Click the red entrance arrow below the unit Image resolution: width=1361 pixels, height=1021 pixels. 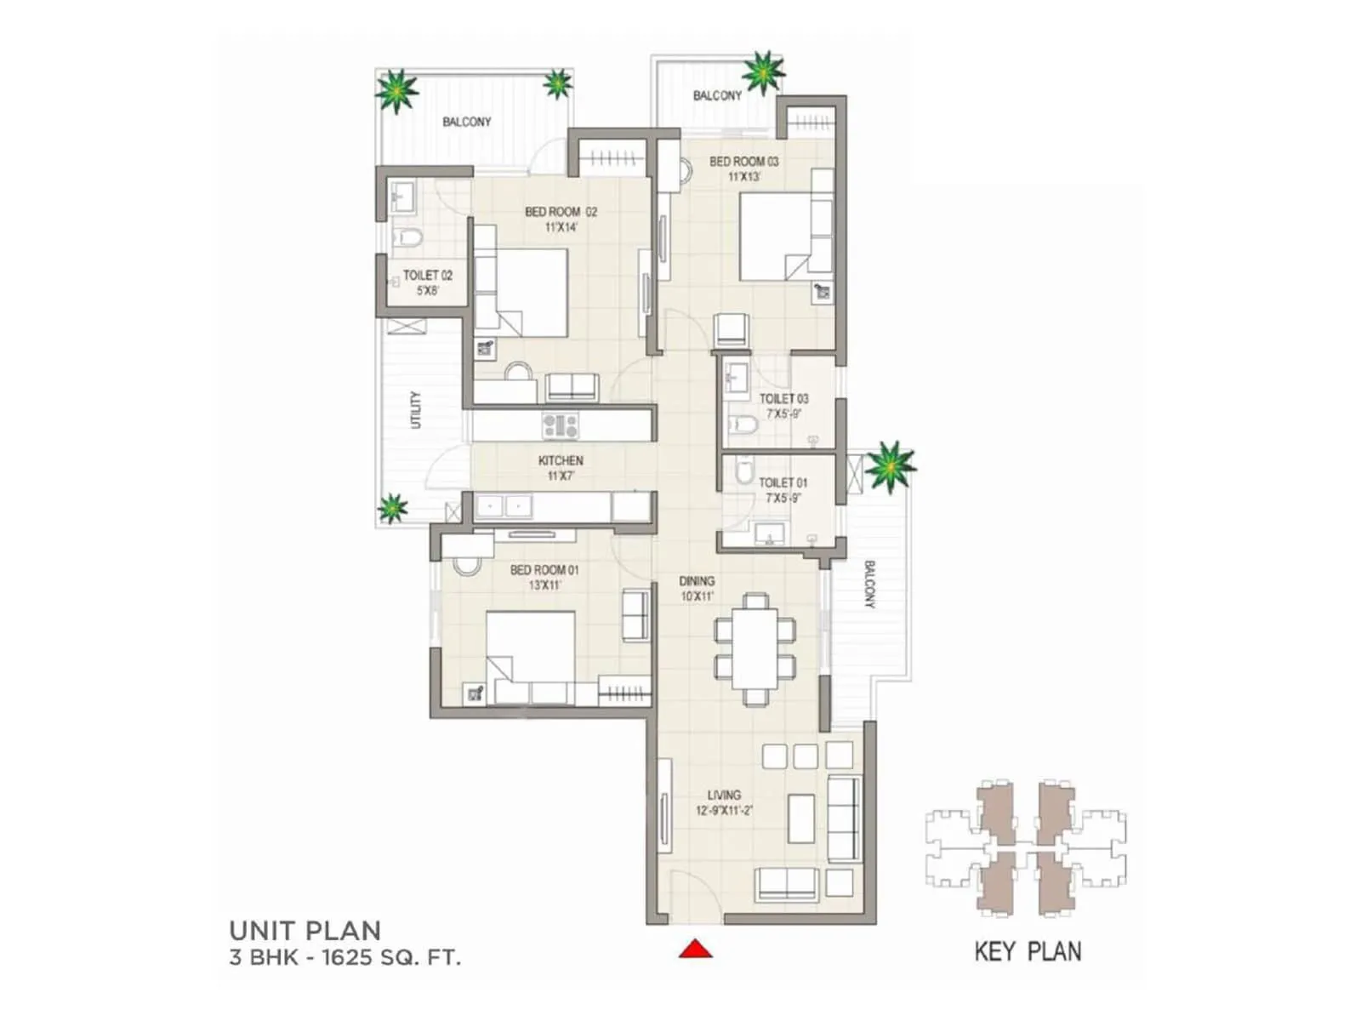[695, 948]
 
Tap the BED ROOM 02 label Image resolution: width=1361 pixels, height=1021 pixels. [561, 212]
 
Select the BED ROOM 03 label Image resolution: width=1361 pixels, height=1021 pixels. [743, 162]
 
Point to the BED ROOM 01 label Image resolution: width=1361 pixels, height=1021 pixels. [544, 570]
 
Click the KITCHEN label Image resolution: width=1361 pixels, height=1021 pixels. [561, 460]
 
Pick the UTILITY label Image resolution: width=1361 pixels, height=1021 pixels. [416, 409]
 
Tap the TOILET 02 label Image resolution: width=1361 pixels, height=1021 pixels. [427, 276]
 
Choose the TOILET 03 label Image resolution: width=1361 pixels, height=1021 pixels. [783, 398]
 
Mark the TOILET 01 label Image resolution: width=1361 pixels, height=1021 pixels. [783, 482]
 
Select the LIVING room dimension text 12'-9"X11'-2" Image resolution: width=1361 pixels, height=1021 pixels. [724, 811]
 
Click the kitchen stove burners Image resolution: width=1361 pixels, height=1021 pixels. [560, 425]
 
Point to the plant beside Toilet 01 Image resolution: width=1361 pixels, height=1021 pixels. [889, 465]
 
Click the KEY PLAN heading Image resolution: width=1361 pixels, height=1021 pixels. [1028, 951]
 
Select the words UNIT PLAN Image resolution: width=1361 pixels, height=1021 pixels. [305, 930]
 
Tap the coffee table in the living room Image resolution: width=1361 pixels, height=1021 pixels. [801, 818]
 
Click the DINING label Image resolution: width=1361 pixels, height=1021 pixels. [697, 581]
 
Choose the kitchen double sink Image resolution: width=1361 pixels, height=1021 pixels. [504, 506]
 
